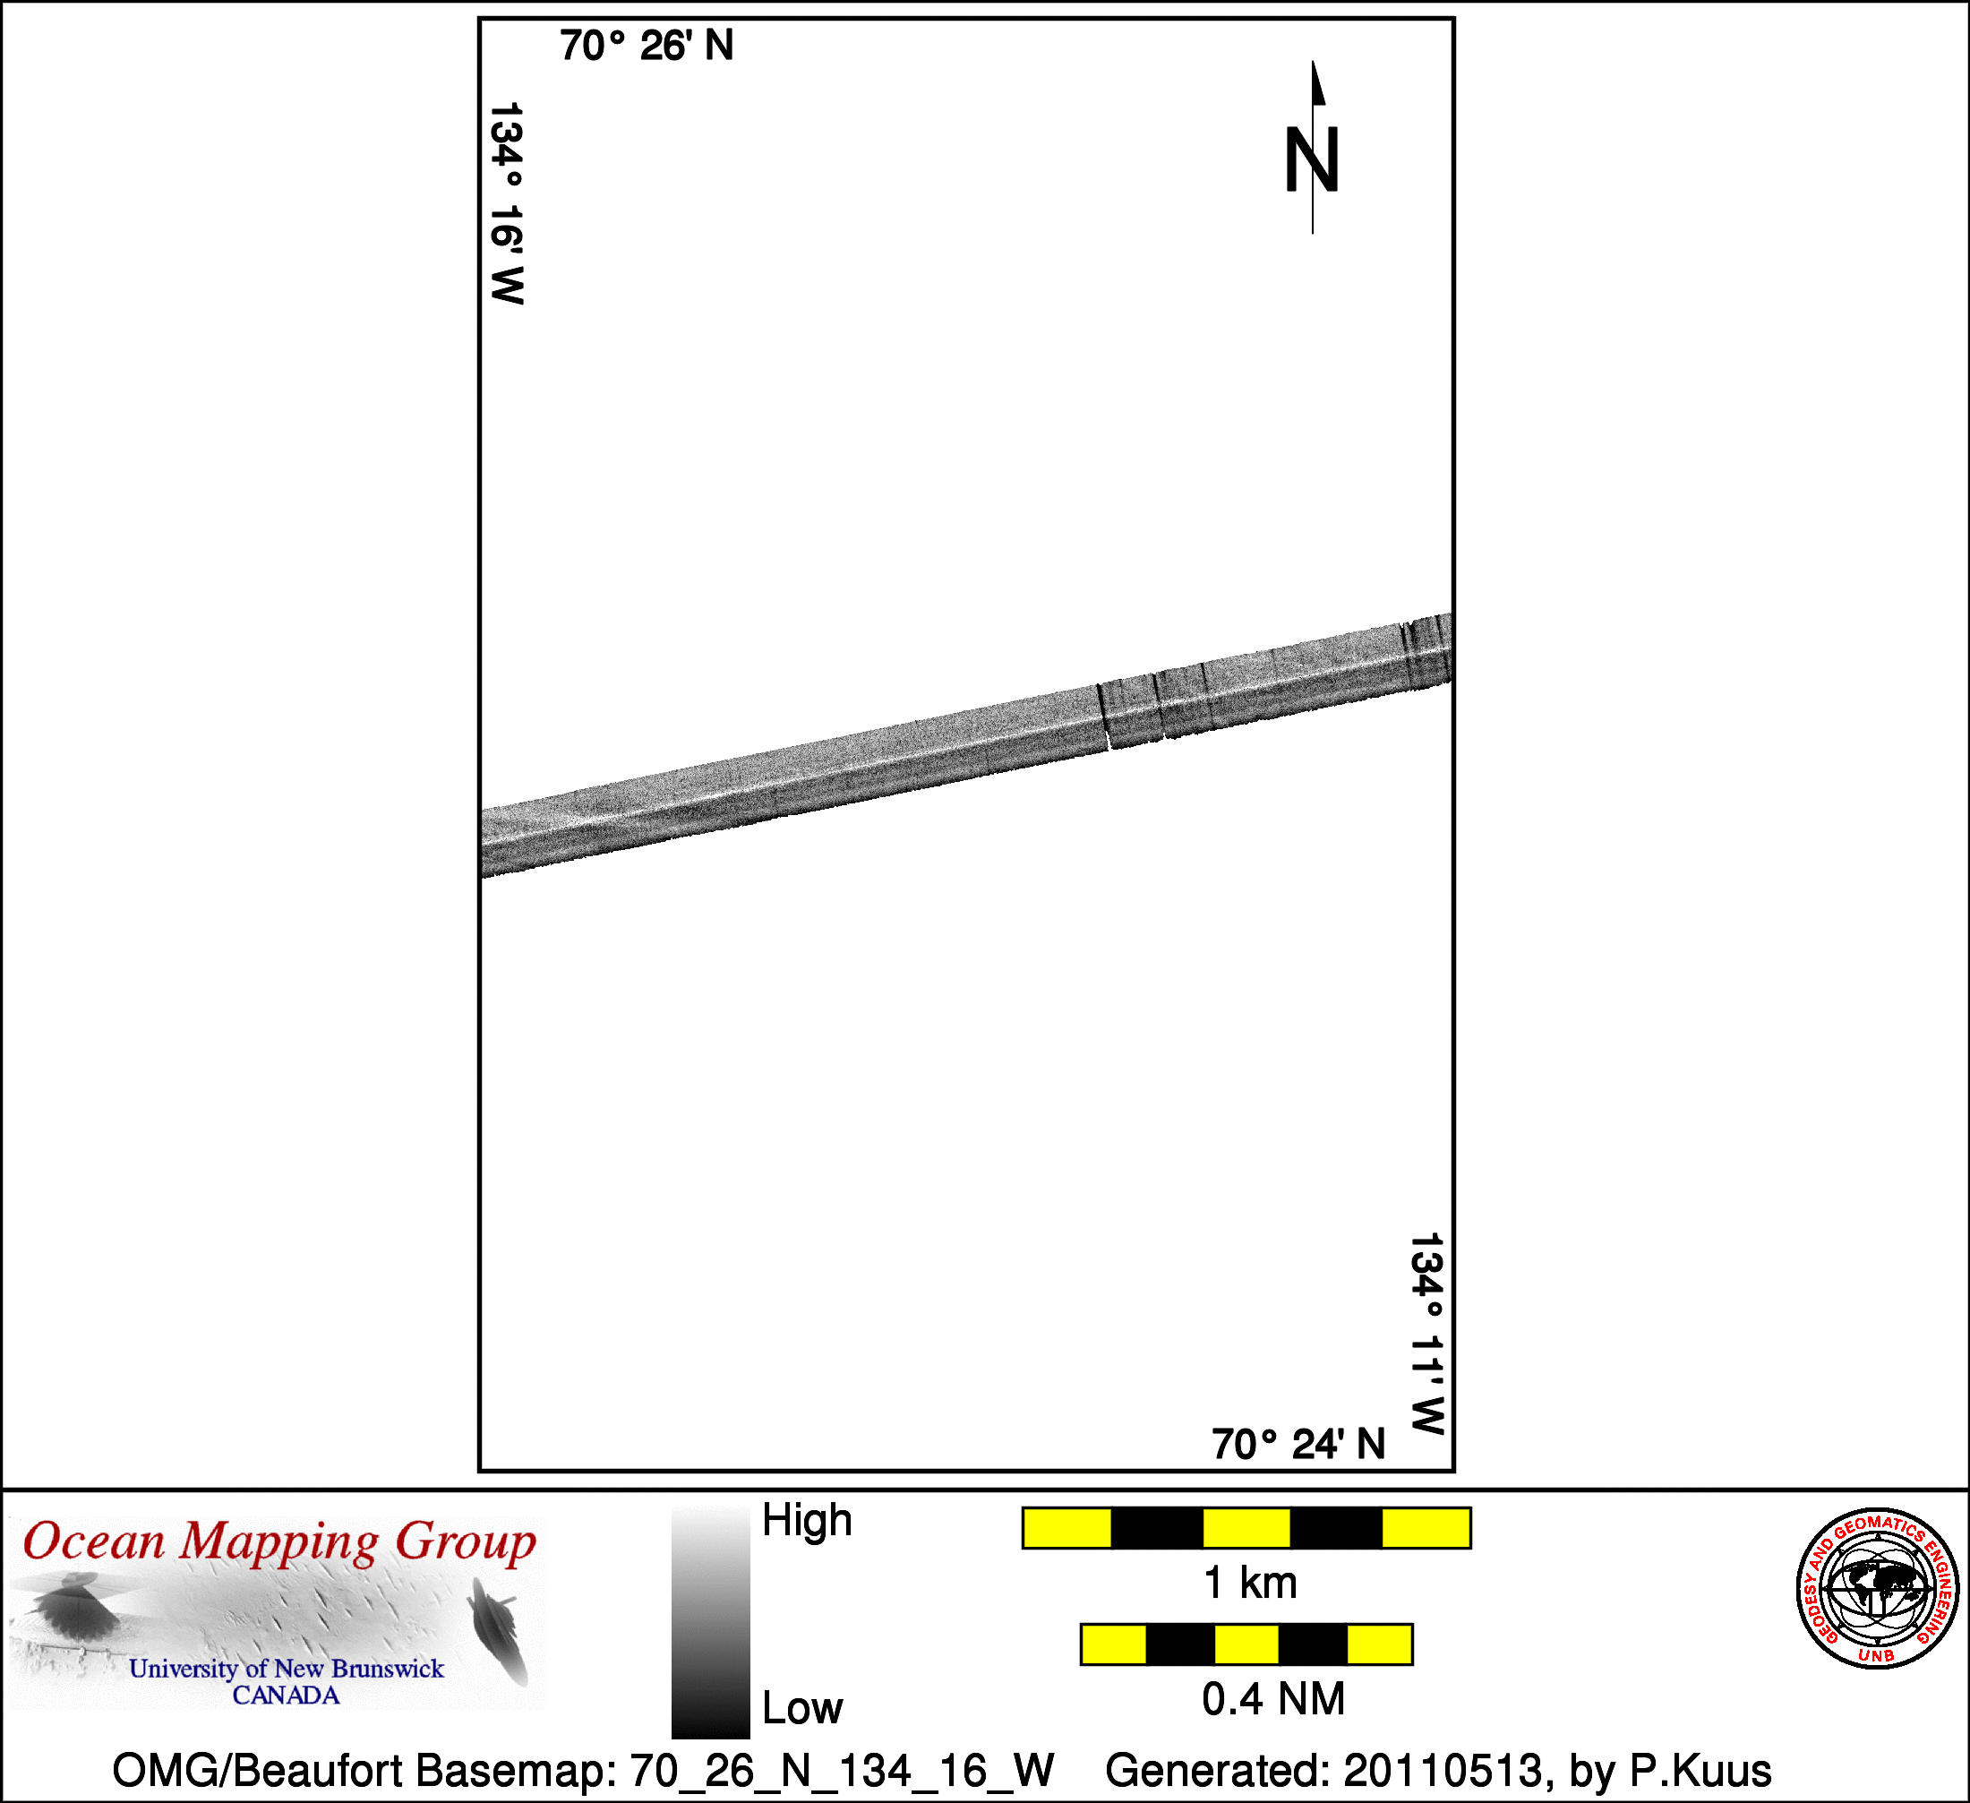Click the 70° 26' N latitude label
[x=646, y=46]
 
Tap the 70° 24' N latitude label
[x=1298, y=1445]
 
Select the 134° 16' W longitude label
[x=506, y=203]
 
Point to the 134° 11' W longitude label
[x=1426, y=1334]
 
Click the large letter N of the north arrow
[x=1311, y=160]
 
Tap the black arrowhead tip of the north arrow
[x=1313, y=62]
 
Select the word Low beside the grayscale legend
[x=802, y=1708]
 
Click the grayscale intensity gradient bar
[x=710, y=1622]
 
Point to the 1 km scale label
[x=1251, y=1582]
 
